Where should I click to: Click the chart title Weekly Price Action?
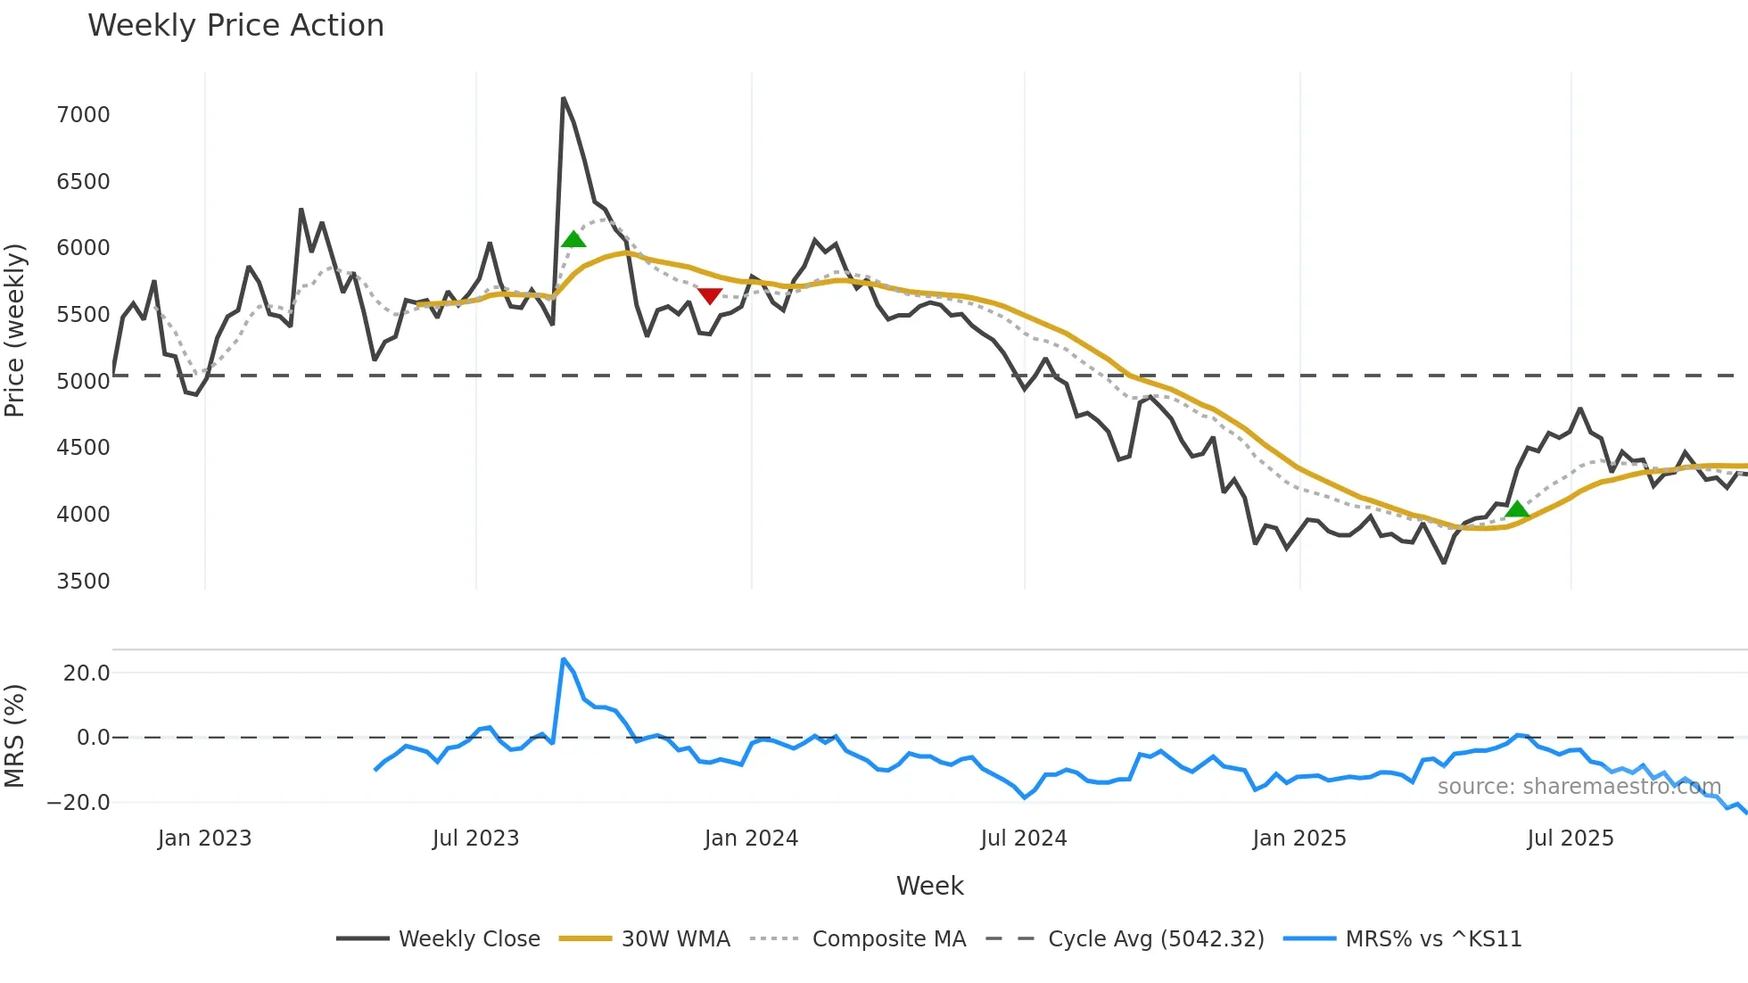[235, 26]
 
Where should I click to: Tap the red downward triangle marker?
[710, 296]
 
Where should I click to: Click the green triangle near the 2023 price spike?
[573, 239]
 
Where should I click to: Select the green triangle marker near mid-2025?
[1517, 509]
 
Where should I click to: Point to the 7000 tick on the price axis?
[83, 115]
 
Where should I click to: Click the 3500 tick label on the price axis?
[83, 582]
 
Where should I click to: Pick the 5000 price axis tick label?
[83, 382]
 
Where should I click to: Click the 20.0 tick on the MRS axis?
[87, 673]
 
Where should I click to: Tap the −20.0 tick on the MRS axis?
[78, 803]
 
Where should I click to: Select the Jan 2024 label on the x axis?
[751, 838]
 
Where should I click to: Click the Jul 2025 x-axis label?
[1571, 838]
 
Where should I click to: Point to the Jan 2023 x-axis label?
[204, 838]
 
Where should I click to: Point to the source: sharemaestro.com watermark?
[1579, 787]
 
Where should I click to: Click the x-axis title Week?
[929, 886]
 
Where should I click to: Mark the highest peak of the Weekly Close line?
[564, 98]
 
